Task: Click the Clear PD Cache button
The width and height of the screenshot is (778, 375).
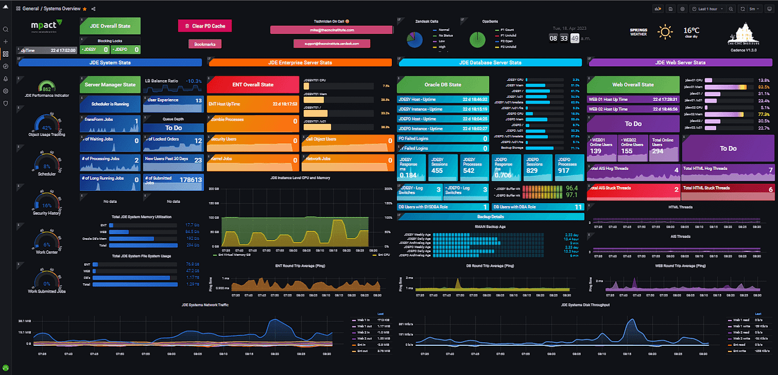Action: pyautogui.click(x=205, y=26)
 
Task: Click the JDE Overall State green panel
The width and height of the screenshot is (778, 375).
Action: pyautogui.click(x=111, y=26)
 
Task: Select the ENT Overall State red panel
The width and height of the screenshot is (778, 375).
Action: pyautogui.click(x=253, y=85)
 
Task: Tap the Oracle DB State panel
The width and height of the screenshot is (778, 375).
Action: pyautogui.click(x=443, y=85)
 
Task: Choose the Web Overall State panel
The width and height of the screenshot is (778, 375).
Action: pyautogui.click(x=632, y=85)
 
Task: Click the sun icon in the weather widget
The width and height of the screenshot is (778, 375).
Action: pyautogui.click(x=665, y=31)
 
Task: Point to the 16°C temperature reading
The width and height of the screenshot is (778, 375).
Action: pyautogui.click(x=691, y=30)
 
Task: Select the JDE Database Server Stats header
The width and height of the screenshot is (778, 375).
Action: pyautogui.click(x=492, y=62)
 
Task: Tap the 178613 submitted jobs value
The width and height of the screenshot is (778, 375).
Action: pyautogui.click(x=190, y=179)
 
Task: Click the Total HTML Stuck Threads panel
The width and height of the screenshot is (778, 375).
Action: pyautogui.click(x=728, y=188)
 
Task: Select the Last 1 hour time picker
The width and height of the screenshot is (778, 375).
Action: pyautogui.click(x=708, y=9)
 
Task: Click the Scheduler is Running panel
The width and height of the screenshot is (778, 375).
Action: pyautogui.click(x=110, y=104)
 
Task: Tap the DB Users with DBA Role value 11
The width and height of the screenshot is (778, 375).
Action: pyautogui.click(x=578, y=207)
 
